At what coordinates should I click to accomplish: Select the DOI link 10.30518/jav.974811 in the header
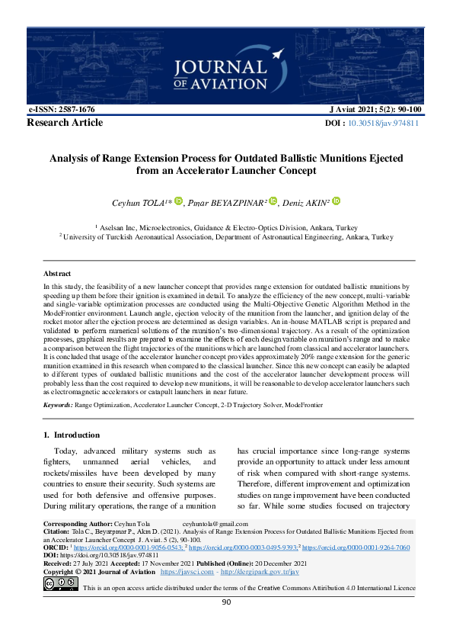(x=383, y=123)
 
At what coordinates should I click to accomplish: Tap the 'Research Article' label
(x=65, y=122)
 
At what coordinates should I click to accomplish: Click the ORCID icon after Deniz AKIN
(x=336, y=201)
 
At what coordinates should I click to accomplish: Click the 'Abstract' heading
(x=57, y=273)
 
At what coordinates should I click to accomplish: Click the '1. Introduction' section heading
(x=67, y=435)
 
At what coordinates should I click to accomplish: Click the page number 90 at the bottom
(x=226, y=602)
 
